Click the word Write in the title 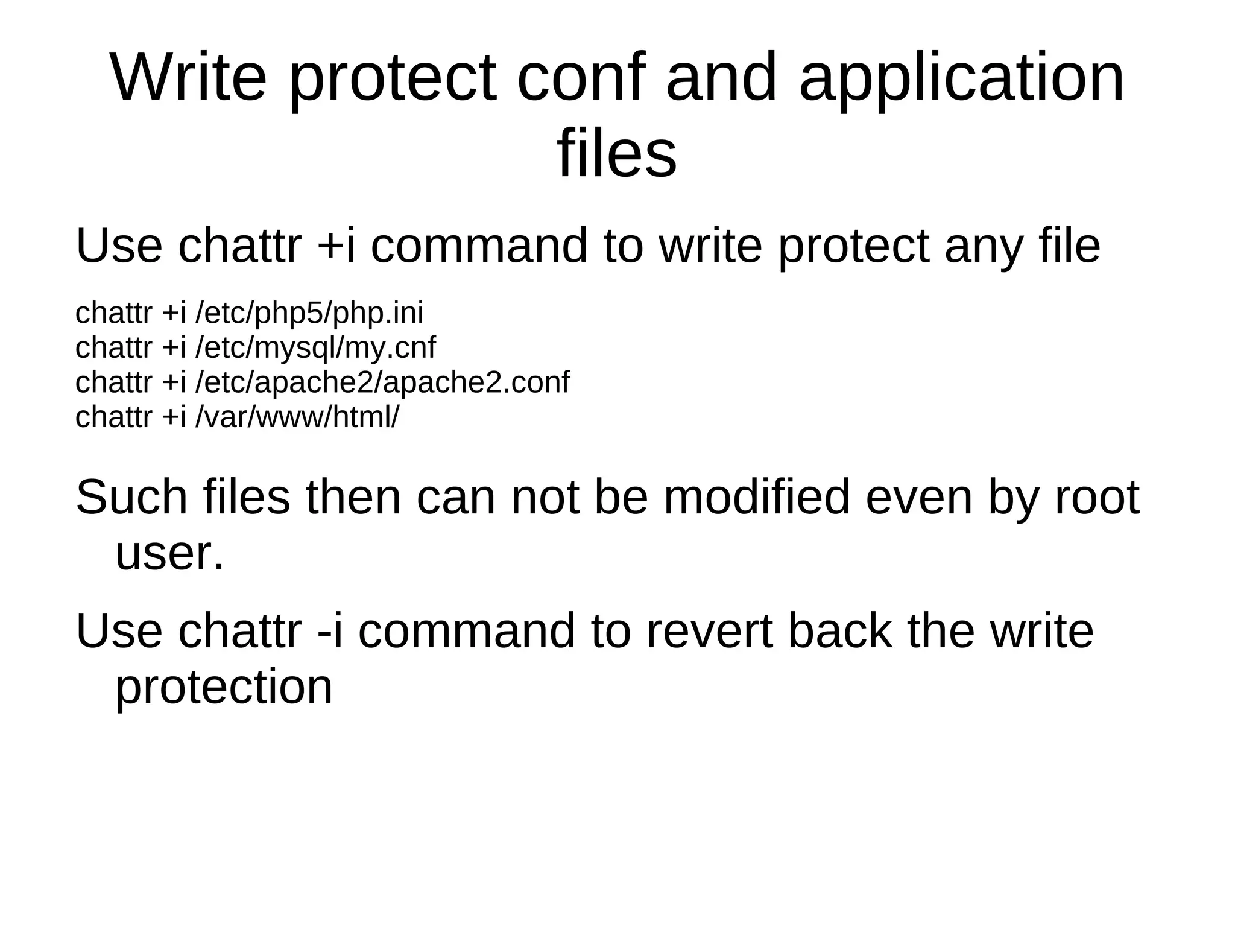pyautogui.click(x=188, y=78)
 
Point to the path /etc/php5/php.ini pyautogui.click(x=309, y=314)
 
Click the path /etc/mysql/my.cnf pyautogui.click(x=315, y=348)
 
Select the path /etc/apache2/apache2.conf pyautogui.click(x=382, y=382)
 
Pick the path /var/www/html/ pyautogui.click(x=297, y=417)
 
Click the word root pyautogui.click(x=1097, y=498)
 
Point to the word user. pyautogui.click(x=169, y=554)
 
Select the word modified pyautogui.click(x=757, y=498)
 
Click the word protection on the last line pyautogui.click(x=224, y=688)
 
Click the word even pyautogui.click(x=918, y=498)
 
